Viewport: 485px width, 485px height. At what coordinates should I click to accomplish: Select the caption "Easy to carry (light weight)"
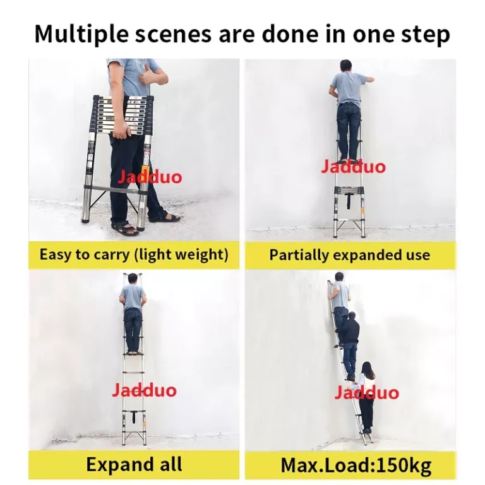tap(133, 255)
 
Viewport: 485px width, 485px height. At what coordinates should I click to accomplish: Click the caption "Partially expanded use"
tap(349, 255)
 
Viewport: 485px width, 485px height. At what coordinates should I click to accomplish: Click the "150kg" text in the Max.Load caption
tap(402, 466)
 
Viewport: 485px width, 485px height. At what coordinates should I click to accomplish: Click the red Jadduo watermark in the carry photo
tap(149, 176)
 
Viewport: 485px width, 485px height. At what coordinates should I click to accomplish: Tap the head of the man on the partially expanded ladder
tap(345, 65)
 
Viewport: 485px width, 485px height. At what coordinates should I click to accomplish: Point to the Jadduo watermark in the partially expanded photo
tap(352, 167)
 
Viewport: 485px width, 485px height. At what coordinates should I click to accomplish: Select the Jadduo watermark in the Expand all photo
tap(144, 389)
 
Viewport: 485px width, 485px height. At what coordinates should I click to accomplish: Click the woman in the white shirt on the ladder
tap(366, 397)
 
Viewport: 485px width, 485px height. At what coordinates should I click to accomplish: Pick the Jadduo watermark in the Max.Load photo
tap(366, 393)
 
